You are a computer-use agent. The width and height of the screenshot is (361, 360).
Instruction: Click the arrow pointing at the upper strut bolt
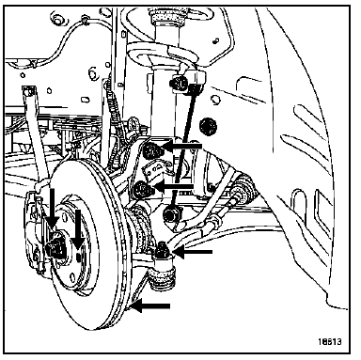[x=181, y=146]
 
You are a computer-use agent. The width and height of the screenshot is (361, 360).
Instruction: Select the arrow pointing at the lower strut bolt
[x=173, y=187]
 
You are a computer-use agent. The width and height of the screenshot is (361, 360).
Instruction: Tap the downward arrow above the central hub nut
[x=52, y=209]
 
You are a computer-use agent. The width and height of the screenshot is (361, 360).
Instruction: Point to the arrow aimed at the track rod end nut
[x=191, y=252]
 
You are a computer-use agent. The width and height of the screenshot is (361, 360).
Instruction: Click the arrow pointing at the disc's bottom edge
[x=150, y=305]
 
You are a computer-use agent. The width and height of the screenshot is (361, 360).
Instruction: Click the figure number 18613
[x=330, y=341]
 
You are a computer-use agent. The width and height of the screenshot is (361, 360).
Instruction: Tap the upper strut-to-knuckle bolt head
[x=151, y=150]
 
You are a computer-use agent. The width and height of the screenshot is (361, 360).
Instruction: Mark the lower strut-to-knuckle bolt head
[x=142, y=190]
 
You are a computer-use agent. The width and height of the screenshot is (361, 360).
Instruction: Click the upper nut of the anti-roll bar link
[x=178, y=83]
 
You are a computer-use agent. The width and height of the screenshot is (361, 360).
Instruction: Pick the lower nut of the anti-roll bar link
[x=171, y=214]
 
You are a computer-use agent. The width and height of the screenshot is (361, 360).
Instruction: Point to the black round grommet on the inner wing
[x=208, y=126]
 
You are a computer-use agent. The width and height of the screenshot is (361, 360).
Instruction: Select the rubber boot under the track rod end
[x=163, y=277]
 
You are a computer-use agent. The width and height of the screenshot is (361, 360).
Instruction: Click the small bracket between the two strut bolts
[x=154, y=172]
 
